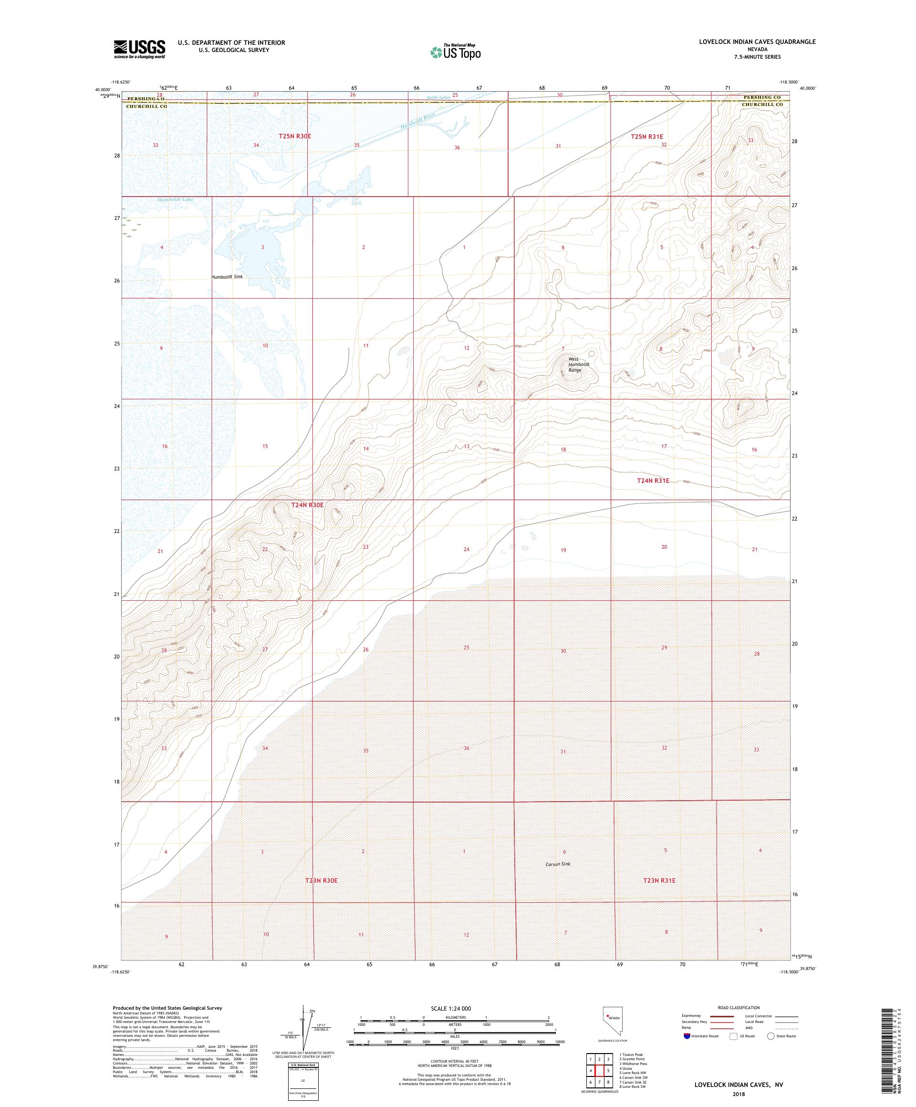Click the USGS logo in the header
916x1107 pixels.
(140, 49)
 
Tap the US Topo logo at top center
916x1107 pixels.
(456, 52)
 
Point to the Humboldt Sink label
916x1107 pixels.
(227, 277)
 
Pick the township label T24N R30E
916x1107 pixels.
(307, 505)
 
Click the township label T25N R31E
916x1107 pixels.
(646, 136)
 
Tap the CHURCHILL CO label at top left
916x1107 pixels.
(146, 106)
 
